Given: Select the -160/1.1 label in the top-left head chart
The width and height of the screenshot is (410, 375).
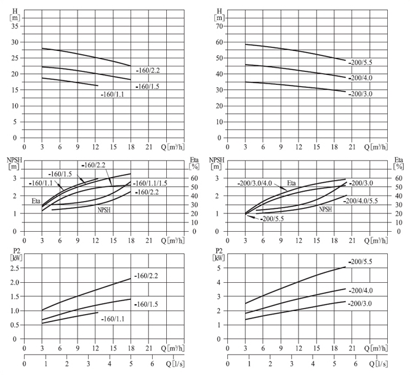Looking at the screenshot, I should (114, 95).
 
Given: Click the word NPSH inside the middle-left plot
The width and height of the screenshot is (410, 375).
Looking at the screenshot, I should (106, 209).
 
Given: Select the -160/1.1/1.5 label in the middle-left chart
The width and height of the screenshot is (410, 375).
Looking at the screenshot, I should (151, 183).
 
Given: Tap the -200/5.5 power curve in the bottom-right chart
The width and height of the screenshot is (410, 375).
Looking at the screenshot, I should (295, 283).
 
